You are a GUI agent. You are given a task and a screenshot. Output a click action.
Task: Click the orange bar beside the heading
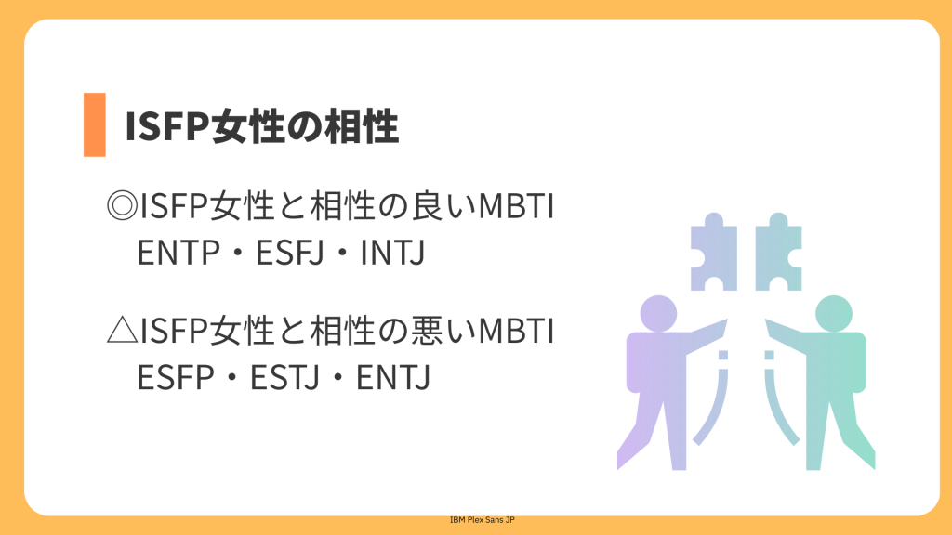click(95, 125)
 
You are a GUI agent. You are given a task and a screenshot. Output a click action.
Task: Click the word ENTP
click(178, 253)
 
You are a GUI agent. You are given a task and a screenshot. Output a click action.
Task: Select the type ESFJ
click(290, 253)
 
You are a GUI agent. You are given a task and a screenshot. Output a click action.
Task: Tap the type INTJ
click(392, 253)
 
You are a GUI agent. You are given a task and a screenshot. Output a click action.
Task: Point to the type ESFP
click(176, 378)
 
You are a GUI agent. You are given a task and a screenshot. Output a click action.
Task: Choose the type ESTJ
click(284, 378)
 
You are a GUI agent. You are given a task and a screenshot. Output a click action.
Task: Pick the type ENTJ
click(393, 378)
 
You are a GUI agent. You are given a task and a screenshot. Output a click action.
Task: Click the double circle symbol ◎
click(122, 205)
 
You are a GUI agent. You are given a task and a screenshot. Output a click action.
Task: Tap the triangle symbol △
click(122, 331)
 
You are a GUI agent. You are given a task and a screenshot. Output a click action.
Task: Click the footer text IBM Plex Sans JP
click(483, 520)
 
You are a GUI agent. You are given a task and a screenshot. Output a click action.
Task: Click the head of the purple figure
click(659, 314)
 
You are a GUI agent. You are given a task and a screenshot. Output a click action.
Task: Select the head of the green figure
click(834, 314)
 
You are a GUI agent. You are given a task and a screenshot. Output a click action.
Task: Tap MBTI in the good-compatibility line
click(516, 206)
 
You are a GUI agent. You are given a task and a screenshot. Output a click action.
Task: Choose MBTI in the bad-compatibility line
click(516, 332)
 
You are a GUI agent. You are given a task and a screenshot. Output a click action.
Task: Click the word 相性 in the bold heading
click(362, 126)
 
